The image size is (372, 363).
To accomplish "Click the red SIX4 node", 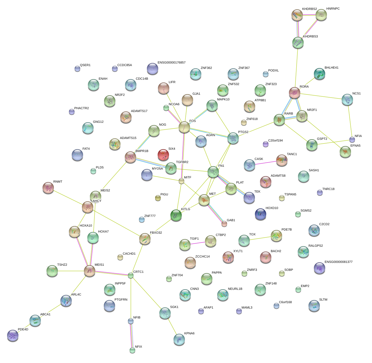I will (x=163, y=155).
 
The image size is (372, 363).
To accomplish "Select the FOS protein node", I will (x=184, y=127).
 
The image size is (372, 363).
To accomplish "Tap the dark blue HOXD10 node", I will (x=261, y=214).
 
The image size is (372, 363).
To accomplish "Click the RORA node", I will (x=295, y=92).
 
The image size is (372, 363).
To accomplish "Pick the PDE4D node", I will (x=13, y=335).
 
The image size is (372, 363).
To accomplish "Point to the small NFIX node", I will (x=132, y=350).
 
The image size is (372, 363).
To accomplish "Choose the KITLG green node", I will (x=176, y=215).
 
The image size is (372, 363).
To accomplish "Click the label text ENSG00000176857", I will (x=172, y=63).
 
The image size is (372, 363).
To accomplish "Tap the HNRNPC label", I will (x=333, y=9).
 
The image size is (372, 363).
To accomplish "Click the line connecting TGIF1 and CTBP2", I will (x=198, y=243).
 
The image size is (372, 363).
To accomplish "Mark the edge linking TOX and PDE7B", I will (x=260, y=238).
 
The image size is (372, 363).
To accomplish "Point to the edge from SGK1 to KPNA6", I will (x=172, y=326).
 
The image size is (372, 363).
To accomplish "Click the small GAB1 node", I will (x=224, y=224).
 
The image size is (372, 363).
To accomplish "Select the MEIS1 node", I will (x=90, y=271).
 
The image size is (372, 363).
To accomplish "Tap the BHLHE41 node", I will (x=320, y=74).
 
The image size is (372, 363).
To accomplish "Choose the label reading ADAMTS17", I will (x=139, y=111).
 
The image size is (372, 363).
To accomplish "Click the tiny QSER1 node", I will (x=77, y=68).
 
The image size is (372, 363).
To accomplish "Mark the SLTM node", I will (x=314, y=305).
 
